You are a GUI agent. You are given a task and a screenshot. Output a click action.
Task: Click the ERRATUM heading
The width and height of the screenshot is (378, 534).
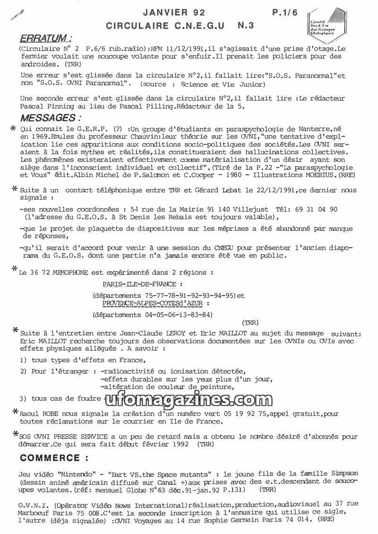pyautogui.click(x=45, y=38)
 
